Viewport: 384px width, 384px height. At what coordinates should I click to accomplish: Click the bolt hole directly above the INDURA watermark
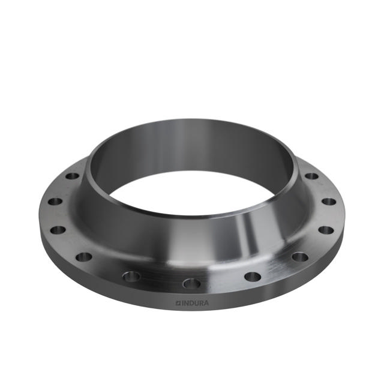point(191,283)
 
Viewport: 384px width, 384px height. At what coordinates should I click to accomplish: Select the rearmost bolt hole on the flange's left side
point(72,176)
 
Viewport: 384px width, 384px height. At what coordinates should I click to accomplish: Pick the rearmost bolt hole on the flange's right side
point(311,176)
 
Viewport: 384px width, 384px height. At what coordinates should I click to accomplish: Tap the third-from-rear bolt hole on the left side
point(58,230)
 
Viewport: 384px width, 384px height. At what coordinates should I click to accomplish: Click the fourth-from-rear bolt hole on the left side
point(84,257)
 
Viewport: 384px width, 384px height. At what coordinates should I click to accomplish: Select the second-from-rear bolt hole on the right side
point(328,202)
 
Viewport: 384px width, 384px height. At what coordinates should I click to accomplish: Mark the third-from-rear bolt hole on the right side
point(325,230)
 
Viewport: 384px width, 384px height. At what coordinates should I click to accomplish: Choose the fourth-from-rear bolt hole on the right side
point(299,257)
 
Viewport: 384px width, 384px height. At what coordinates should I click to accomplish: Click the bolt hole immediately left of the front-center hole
point(131,276)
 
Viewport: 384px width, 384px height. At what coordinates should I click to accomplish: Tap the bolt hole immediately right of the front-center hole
point(253,277)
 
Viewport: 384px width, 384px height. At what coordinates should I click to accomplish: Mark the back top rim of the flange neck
point(192,122)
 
